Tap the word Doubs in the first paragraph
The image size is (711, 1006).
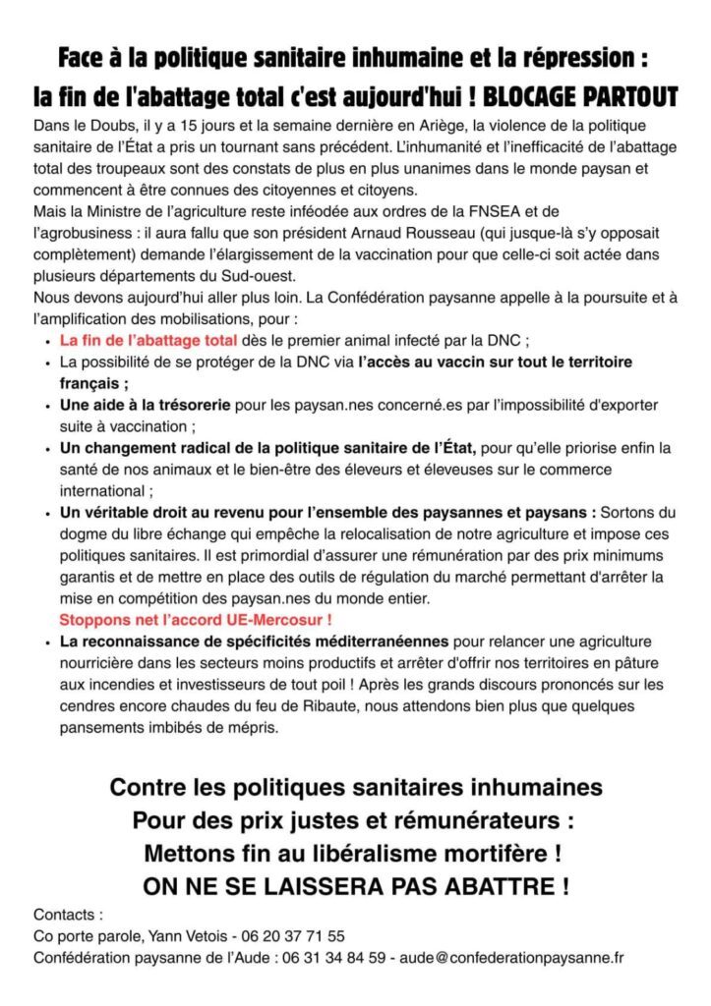pyautogui.click(x=109, y=129)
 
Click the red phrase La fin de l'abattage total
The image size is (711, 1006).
pyautogui.click(x=148, y=340)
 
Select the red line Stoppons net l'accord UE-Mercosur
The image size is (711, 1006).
pyautogui.click(x=195, y=620)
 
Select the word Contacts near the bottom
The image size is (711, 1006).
pyautogui.click(x=67, y=914)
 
